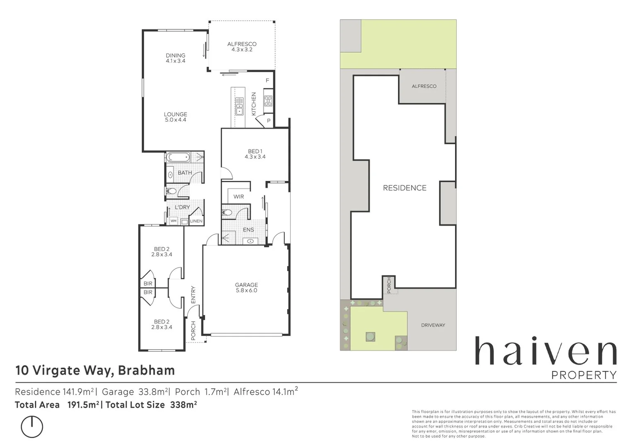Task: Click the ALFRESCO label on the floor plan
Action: click(242, 44)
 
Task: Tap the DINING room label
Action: click(175, 56)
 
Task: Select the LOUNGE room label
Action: click(175, 114)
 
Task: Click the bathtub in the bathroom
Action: click(178, 158)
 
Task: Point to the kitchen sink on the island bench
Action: click(239, 106)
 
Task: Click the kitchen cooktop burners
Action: click(268, 101)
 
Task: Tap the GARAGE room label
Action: click(246, 285)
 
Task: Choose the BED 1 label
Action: click(255, 151)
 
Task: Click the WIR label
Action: click(239, 197)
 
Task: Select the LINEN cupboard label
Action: click(196, 221)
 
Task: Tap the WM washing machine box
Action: click(173, 221)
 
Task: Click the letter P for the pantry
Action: click(269, 121)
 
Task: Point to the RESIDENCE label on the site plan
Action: click(405, 188)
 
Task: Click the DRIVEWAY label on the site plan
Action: click(433, 325)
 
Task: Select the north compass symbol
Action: click(32, 426)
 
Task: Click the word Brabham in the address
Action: click(146, 370)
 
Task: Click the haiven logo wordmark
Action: click(545, 352)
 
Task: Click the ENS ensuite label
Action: click(248, 230)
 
